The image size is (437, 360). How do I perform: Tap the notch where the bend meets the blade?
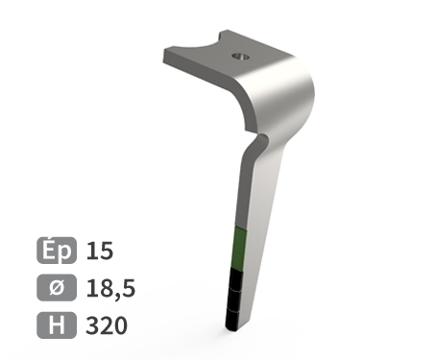[x=256, y=140]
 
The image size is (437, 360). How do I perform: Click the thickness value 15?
[x=100, y=252]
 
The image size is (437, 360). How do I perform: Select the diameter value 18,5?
[x=111, y=288]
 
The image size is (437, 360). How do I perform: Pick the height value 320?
[x=107, y=325]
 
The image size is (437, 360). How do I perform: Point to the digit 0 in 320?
[x=120, y=325]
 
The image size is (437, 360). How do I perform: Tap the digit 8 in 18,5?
[x=105, y=288]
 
